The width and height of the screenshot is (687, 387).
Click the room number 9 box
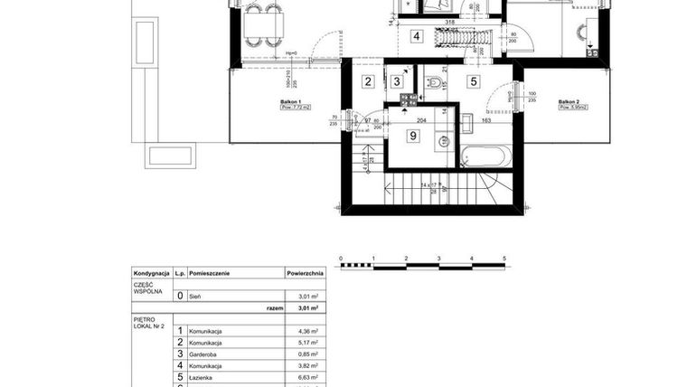coord(413,137)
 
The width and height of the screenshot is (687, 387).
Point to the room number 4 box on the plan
coord(416,37)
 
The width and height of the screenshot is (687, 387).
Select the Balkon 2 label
coord(569,103)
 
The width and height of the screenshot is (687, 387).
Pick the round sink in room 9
coord(445,140)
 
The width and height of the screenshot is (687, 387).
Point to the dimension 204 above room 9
coord(420,119)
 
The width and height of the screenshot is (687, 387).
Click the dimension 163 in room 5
coord(486,119)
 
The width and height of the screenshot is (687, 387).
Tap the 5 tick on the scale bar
coord(504,259)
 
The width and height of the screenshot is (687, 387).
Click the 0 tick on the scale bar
coord(341,259)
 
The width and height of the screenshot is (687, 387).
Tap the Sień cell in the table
coord(194,296)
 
